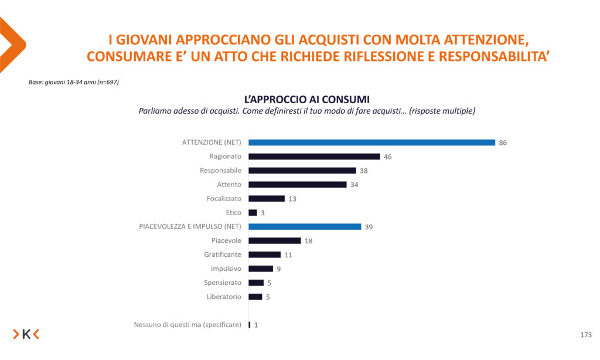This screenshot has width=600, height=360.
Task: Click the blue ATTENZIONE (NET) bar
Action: [x=372, y=142]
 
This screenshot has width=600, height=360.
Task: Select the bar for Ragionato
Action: [x=315, y=157]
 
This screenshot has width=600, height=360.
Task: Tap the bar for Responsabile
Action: [x=302, y=171]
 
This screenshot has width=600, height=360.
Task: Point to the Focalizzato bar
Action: [x=267, y=199]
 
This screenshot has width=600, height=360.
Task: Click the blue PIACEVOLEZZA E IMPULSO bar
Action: [x=305, y=227]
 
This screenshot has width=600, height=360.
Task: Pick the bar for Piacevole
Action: [x=275, y=241]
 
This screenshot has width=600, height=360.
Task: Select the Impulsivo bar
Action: [x=261, y=269]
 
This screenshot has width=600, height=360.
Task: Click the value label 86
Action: [x=503, y=142]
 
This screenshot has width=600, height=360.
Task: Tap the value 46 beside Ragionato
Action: [x=387, y=157]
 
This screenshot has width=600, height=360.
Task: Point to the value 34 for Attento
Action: [x=354, y=185]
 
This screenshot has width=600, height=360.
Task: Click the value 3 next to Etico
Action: [x=262, y=213]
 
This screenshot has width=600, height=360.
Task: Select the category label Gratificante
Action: [x=223, y=255]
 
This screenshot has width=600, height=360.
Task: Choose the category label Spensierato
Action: [x=223, y=283]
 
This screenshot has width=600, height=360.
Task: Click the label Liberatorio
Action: [x=224, y=297]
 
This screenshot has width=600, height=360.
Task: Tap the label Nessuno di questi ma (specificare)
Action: [x=187, y=325]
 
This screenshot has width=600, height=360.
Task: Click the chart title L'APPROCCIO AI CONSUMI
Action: [x=306, y=99]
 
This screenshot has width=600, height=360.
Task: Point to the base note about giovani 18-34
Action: [x=74, y=82]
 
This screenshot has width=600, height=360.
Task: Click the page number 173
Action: [x=585, y=335]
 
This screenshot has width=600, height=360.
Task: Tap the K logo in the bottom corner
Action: [x=26, y=334]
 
